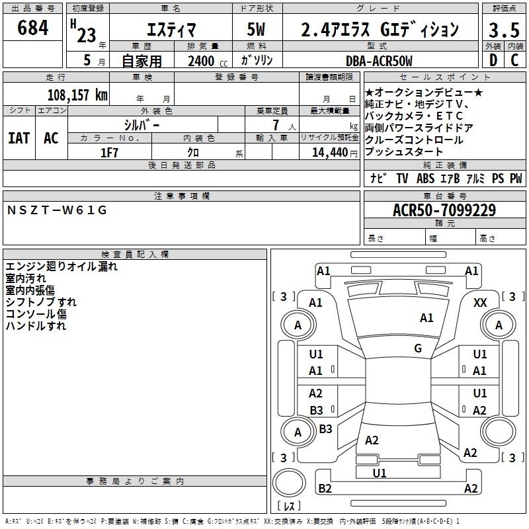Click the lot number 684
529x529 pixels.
pos(32,27)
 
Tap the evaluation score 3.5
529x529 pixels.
pos(504,30)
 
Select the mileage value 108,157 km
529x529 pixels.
pos(77,95)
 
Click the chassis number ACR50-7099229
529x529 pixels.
pos(444,210)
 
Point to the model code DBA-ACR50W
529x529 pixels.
pos(379,61)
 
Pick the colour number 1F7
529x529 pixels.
pos(109,153)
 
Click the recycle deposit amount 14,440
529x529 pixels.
pos(330,153)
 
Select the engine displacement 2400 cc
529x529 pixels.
pos(208,61)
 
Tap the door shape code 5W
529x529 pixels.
pos(256,29)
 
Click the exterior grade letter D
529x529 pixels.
pos(493,60)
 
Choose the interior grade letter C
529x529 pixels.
pos(514,60)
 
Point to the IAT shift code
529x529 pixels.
pos(19,138)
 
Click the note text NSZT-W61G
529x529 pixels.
pos(57,210)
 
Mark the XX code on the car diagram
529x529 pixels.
pos(480,303)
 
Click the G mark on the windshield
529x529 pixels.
pos(418,348)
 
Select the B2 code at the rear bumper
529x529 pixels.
pos(325,488)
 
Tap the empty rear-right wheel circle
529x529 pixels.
pos(499,432)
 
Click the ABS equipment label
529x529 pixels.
pos(425,179)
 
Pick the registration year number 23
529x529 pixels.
pos(87,36)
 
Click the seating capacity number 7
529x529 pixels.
pos(276,125)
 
